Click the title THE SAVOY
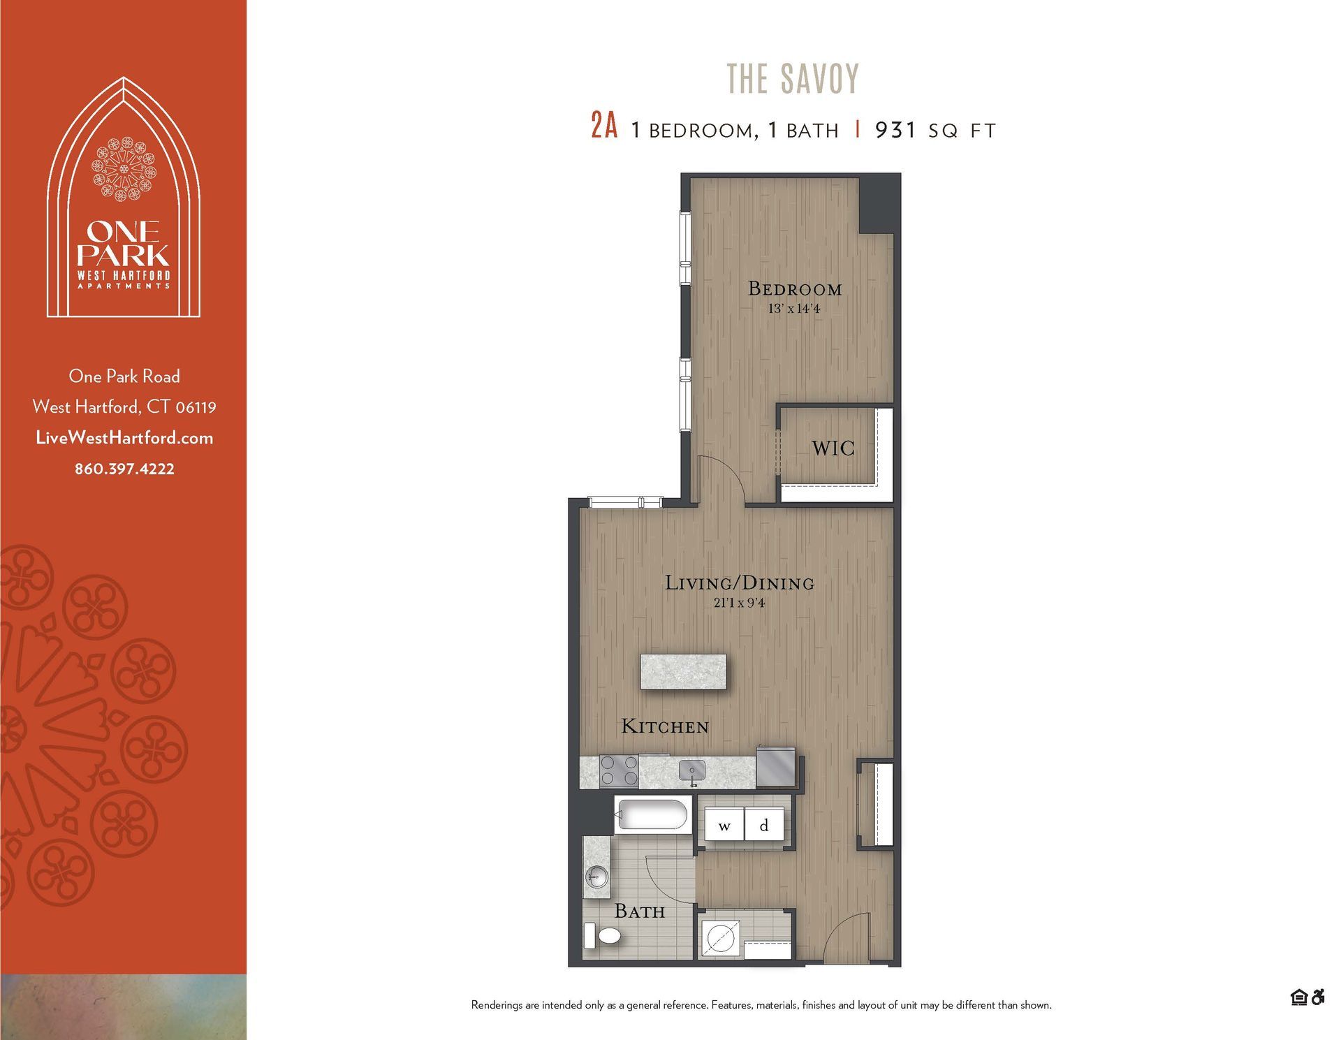[793, 78]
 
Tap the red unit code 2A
[604, 128]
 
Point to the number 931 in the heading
[895, 130]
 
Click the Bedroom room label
[795, 288]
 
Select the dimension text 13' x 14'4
[794, 309]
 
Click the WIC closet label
[833, 448]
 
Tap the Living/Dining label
[740, 583]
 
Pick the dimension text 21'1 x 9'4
[739, 603]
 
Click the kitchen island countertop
[683, 672]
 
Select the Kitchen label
[665, 726]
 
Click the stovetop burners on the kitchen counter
[619, 772]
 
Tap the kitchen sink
[692, 772]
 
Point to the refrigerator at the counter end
[776, 767]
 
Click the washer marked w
[724, 826]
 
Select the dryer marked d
[764, 826]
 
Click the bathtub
[652, 815]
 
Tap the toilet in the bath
[604, 935]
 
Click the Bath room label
[639, 911]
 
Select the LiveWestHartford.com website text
[124, 438]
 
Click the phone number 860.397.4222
[124, 469]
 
